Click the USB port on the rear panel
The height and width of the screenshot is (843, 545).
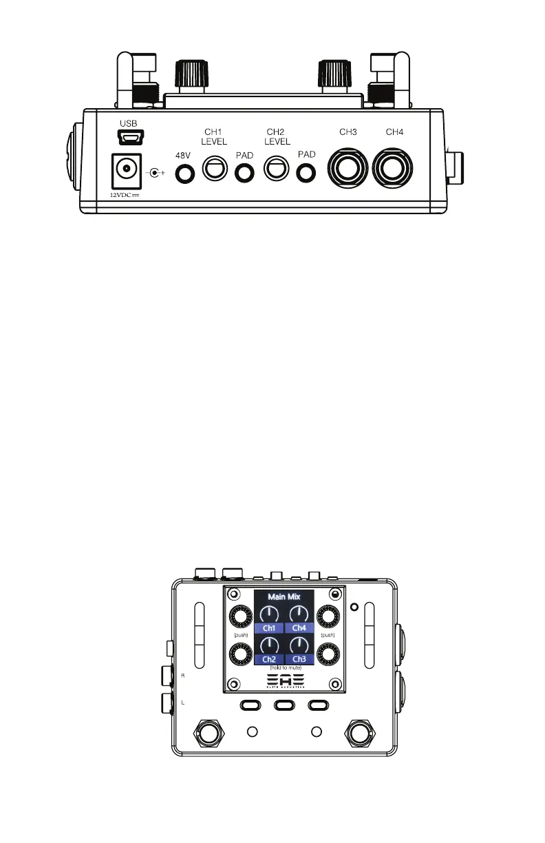click(128, 138)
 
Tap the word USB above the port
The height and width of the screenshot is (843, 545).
click(128, 123)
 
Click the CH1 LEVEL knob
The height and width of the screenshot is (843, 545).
click(213, 169)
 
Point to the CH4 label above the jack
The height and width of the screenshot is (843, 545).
click(394, 132)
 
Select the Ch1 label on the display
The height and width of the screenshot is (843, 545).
click(270, 628)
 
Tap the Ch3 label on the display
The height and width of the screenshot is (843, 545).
click(299, 659)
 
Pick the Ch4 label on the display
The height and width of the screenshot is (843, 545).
click(299, 628)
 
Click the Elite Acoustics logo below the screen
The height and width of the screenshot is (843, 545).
click(284, 680)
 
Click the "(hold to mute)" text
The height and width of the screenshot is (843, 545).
click(284, 667)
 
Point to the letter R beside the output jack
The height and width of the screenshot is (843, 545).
click(182, 676)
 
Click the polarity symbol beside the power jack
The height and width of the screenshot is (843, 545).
click(158, 173)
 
